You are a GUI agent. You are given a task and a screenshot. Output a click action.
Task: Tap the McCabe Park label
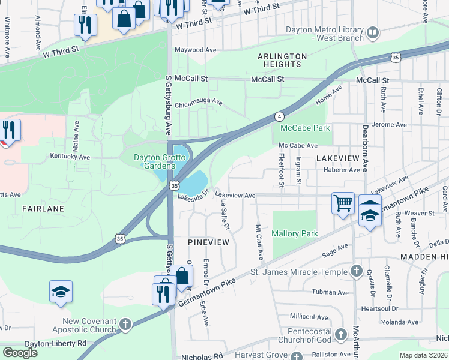coord(304,128)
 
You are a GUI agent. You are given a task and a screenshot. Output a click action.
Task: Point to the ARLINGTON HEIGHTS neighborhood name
coord(282,60)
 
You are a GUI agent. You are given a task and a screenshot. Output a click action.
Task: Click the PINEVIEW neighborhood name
coord(208,242)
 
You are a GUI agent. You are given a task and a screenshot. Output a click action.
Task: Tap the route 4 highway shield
coord(279,116)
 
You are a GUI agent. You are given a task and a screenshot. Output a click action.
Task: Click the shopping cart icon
coord(343,202)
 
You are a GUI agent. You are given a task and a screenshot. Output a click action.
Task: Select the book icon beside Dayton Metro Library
coord(373,32)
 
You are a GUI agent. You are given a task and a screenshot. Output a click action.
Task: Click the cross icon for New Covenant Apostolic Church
coord(125,325)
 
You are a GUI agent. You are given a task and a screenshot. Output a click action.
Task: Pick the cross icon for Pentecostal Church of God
coord(340,334)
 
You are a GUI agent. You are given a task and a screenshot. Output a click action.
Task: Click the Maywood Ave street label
coord(195,50)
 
